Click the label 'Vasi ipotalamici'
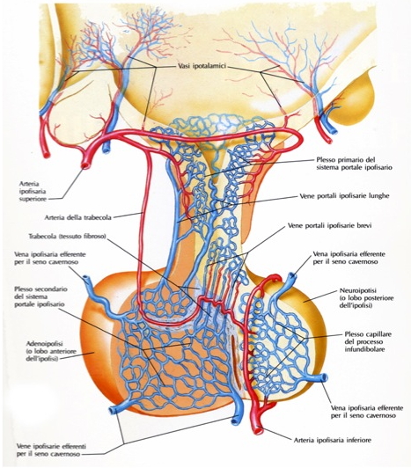tap(200, 66)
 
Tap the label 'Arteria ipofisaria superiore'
tap(33, 191)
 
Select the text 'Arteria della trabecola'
tap(77, 217)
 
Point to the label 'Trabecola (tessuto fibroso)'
tap(68, 237)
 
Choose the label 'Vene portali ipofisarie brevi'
tap(329, 225)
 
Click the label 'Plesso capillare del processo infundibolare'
tap(364, 341)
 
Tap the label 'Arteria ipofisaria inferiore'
tap(332, 440)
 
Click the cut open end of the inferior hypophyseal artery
tap(259, 431)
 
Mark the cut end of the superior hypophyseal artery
tap(85, 165)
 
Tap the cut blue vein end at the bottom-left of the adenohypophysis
tap(113, 410)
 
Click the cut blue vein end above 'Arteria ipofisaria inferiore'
tap(235, 420)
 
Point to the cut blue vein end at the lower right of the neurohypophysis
tap(324, 378)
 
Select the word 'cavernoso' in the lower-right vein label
tap(381, 415)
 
